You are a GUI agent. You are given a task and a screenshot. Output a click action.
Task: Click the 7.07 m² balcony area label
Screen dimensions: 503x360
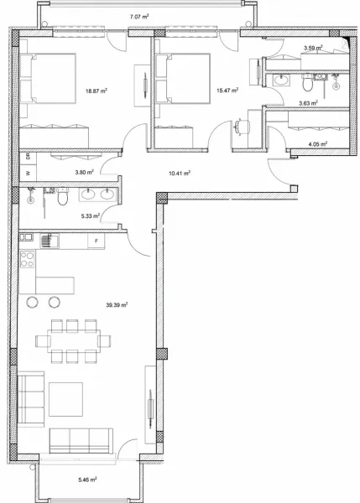pyautogui.click(x=138, y=16)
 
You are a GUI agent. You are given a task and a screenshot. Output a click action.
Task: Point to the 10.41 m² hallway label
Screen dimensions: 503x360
pyautogui.click(x=179, y=174)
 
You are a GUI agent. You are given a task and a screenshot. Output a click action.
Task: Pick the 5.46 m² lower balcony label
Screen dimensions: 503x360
pyautogui.click(x=87, y=480)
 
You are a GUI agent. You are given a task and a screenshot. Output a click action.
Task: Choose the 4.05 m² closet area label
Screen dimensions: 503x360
pyautogui.click(x=316, y=143)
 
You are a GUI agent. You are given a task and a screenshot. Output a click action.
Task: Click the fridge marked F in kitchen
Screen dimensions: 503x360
pyautogui.click(x=96, y=241)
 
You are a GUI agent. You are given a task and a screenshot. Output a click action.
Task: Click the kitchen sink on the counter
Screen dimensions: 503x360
pyautogui.click(x=49, y=241)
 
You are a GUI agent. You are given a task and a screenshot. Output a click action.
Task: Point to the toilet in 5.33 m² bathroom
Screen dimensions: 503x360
pyautogui.click(x=62, y=199)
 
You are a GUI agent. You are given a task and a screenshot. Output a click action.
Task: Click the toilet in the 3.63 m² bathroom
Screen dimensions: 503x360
pyautogui.click(x=308, y=84)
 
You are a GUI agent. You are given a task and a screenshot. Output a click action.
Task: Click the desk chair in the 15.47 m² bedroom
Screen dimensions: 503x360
pyautogui.click(x=242, y=126)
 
